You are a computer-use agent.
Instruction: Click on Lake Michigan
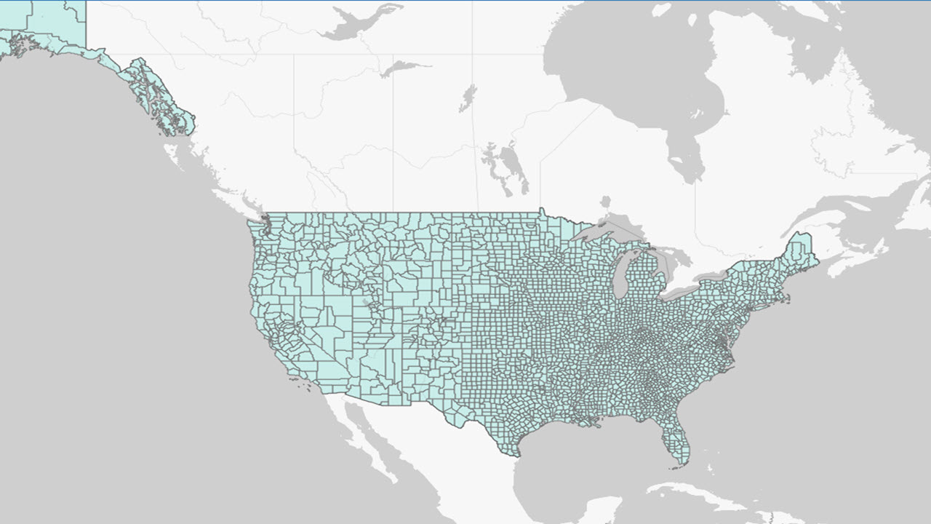point(620,273)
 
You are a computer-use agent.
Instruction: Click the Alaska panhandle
point(156,98)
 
